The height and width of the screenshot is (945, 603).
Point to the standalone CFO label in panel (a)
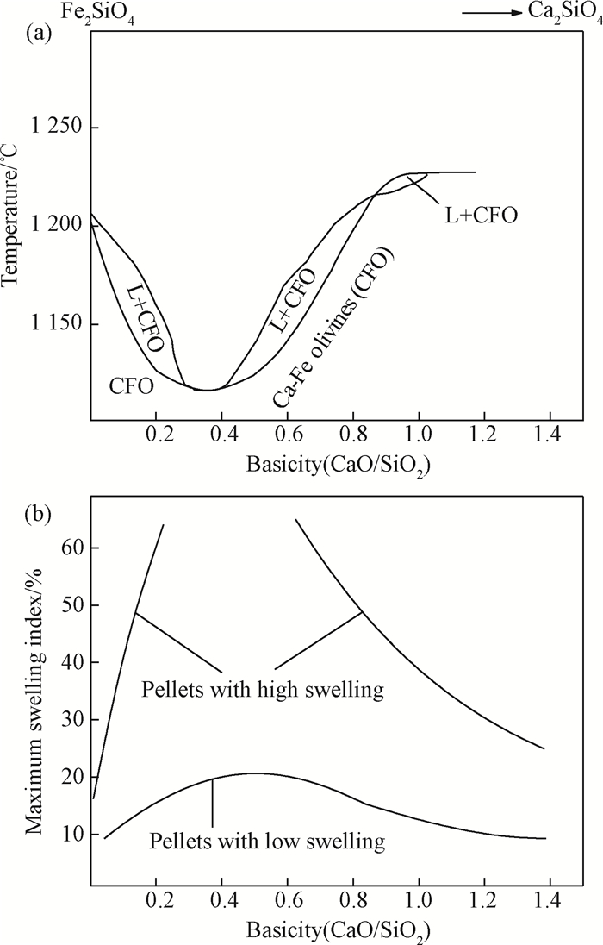click(132, 386)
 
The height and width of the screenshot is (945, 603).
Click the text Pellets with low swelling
click(266, 840)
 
